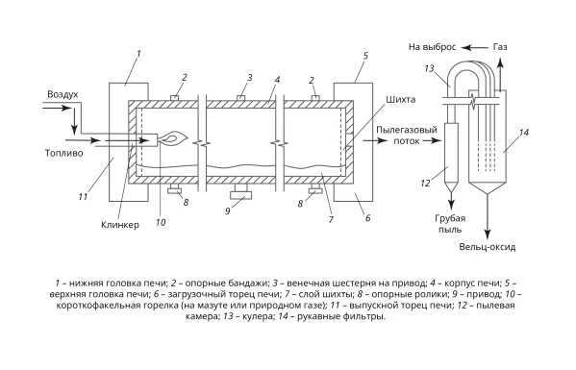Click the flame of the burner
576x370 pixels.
click(x=174, y=138)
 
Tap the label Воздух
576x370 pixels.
click(x=63, y=94)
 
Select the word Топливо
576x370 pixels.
click(x=63, y=153)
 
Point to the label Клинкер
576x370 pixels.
click(x=120, y=225)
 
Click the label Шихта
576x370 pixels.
click(x=400, y=99)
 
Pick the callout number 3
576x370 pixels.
click(x=250, y=78)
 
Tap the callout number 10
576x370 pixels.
click(x=161, y=222)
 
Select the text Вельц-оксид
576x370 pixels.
click(x=488, y=247)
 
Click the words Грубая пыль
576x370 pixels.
click(x=450, y=224)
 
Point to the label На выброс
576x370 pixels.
click(x=433, y=47)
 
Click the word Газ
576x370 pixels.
click(x=500, y=47)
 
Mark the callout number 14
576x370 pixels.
click(x=523, y=133)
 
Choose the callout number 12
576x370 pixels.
click(x=425, y=183)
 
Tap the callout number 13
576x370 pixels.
click(x=429, y=68)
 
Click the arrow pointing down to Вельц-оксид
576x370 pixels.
click(x=488, y=216)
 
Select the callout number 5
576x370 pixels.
click(x=365, y=56)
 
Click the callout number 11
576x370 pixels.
click(x=83, y=197)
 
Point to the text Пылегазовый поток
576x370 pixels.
click(x=407, y=135)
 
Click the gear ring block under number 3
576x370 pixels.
click(x=241, y=98)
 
